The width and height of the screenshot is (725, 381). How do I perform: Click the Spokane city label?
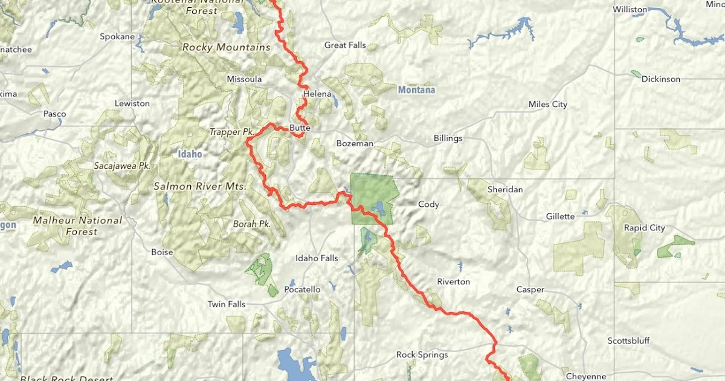117,37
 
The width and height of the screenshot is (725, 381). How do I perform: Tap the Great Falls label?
345,45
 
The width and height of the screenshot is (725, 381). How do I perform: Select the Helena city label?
318,94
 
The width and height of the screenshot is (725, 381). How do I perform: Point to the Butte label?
300,128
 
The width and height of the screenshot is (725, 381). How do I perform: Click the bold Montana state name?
416,90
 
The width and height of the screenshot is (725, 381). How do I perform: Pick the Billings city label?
448,138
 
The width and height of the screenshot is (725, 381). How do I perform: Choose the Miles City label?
547,104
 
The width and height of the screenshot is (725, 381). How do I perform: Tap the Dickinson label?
660,79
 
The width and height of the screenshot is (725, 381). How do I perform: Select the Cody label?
428,204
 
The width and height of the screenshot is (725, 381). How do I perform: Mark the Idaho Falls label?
316,258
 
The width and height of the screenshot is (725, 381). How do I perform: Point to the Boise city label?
162,252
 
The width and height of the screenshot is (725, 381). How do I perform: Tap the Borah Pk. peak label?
251,224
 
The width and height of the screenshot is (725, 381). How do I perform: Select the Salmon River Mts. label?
199,186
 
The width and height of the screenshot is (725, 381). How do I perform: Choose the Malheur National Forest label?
77,226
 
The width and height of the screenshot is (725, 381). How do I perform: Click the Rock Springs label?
422,354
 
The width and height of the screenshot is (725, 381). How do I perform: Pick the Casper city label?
530,290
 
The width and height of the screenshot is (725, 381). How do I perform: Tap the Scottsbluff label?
628,340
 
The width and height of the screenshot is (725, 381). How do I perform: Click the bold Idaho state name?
189,154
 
